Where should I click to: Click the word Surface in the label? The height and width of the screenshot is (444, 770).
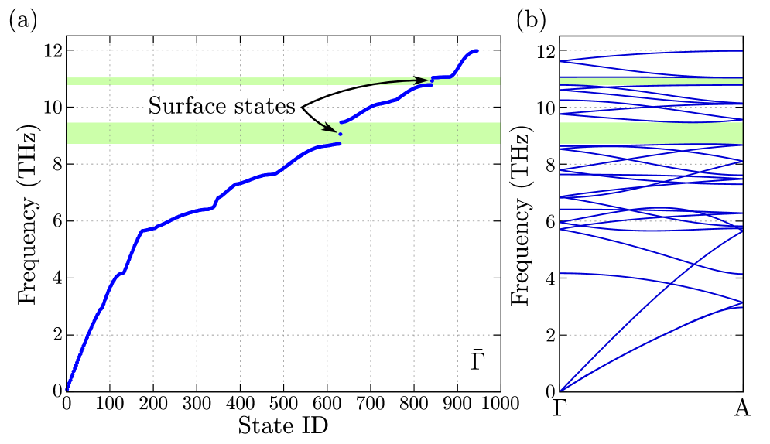[x=186, y=106]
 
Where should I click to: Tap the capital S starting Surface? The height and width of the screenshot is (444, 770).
[x=154, y=106]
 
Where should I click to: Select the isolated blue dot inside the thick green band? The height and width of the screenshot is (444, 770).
[x=340, y=135]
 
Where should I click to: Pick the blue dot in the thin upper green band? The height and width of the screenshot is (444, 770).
[x=432, y=80]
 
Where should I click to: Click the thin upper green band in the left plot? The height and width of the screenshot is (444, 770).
[x=232, y=81]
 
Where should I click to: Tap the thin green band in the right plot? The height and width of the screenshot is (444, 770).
[x=650, y=81]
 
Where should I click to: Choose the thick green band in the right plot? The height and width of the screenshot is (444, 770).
[x=650, y=133]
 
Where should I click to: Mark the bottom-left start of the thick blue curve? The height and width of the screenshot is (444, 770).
[x=67, y=388]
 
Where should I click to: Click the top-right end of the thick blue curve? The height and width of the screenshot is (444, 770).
[x=477, y=51]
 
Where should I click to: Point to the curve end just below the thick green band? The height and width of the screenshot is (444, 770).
[x=339, y=144]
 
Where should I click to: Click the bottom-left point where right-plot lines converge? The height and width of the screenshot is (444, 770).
[x=561, y=390]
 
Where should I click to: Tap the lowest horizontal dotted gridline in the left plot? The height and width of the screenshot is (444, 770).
[x=232, y=335]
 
